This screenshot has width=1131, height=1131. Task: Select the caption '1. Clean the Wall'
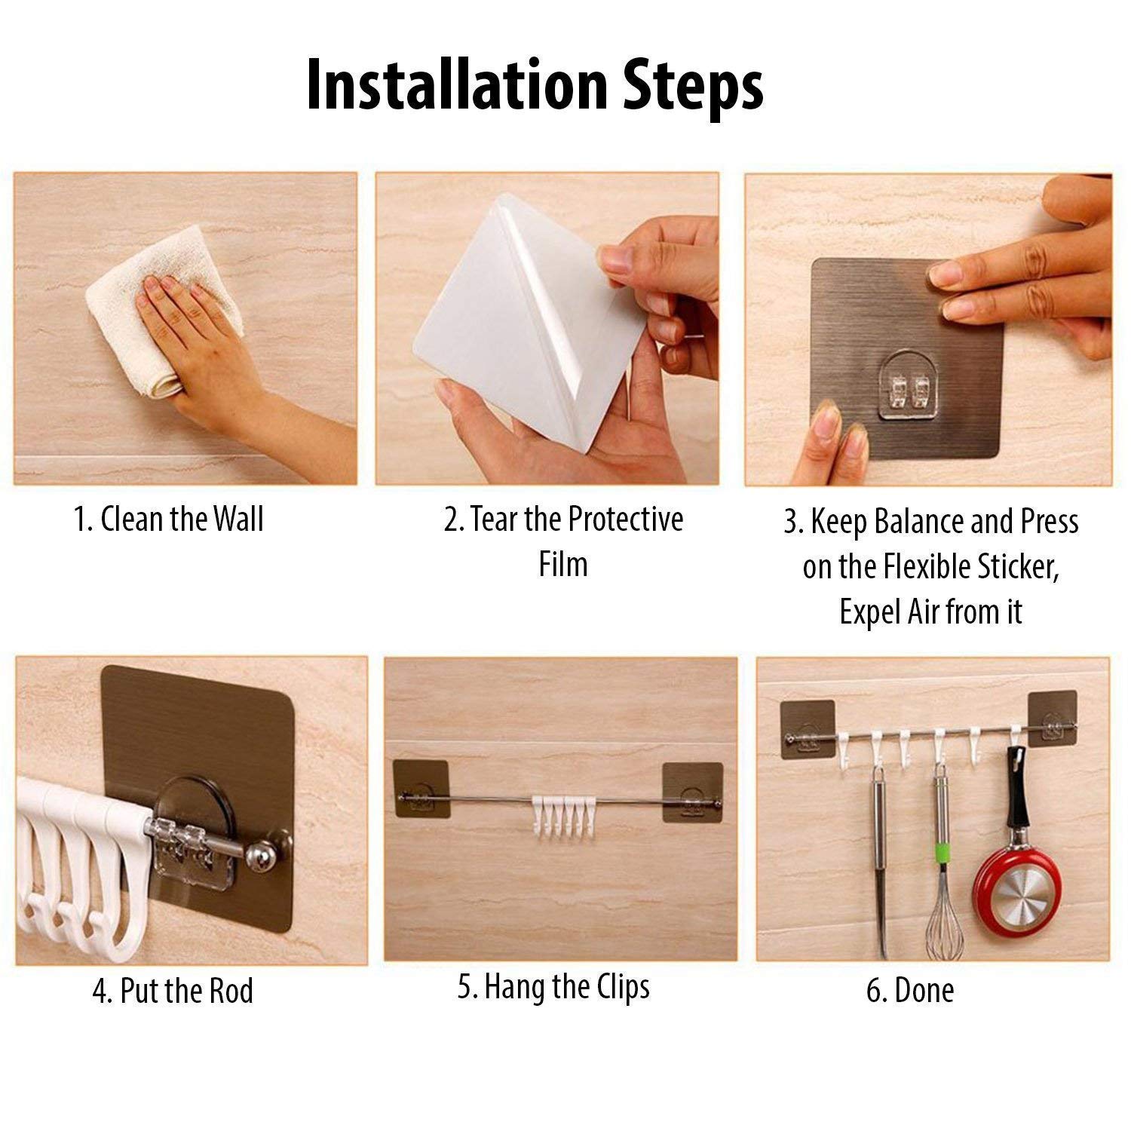tap(168, 520)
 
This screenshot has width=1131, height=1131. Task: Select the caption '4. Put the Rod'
tap(173, 991)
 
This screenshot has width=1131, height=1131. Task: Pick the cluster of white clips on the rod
tap(559, 814)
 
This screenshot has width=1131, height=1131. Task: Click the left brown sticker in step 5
tap(422, 789)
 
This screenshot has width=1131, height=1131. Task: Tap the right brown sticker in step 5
tap(691, 792)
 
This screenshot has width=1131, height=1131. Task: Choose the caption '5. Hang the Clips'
tap(553, 987)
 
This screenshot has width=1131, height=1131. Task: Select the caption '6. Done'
tap(909, 991)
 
